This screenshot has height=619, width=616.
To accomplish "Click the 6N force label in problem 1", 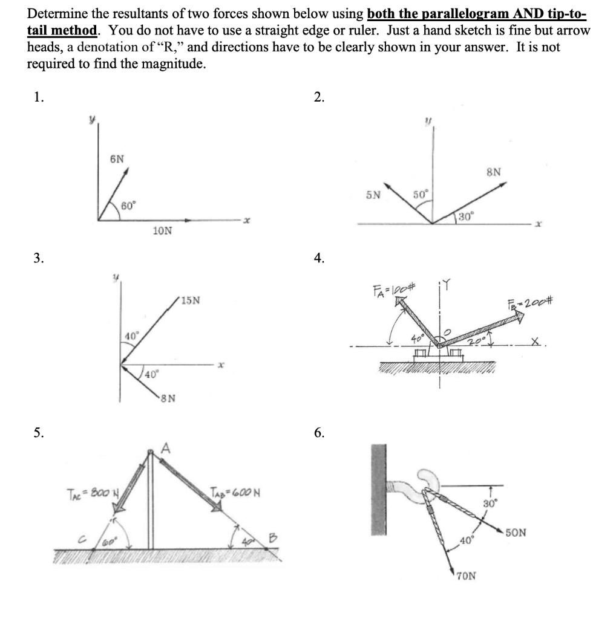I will coord(117,158).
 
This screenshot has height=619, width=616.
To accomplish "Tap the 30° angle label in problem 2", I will coord(467,216).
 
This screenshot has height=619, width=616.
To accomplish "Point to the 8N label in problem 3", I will coord(169,398).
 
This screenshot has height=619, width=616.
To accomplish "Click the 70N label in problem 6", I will coord(465,575).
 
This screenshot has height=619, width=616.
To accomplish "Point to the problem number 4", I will coord(319,258).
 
